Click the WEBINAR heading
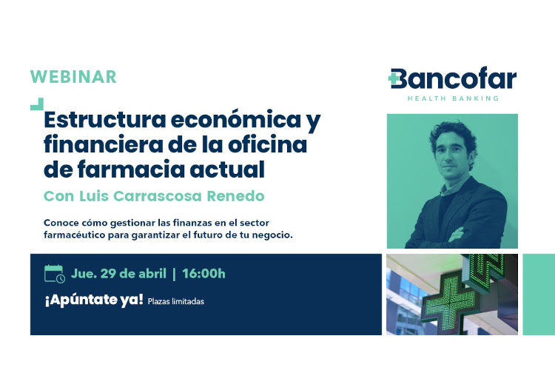point(73,77)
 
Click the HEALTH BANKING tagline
point(453,98)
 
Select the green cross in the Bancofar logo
point(393,78)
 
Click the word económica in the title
point(236,120)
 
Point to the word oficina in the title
point(267,144)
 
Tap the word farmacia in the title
point(130,169)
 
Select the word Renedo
point(236,196)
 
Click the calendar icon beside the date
point(55,274)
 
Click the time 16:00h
point(203,274)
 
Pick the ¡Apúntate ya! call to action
point(94,300)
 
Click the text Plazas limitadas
point(176,302)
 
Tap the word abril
point(152,274)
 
